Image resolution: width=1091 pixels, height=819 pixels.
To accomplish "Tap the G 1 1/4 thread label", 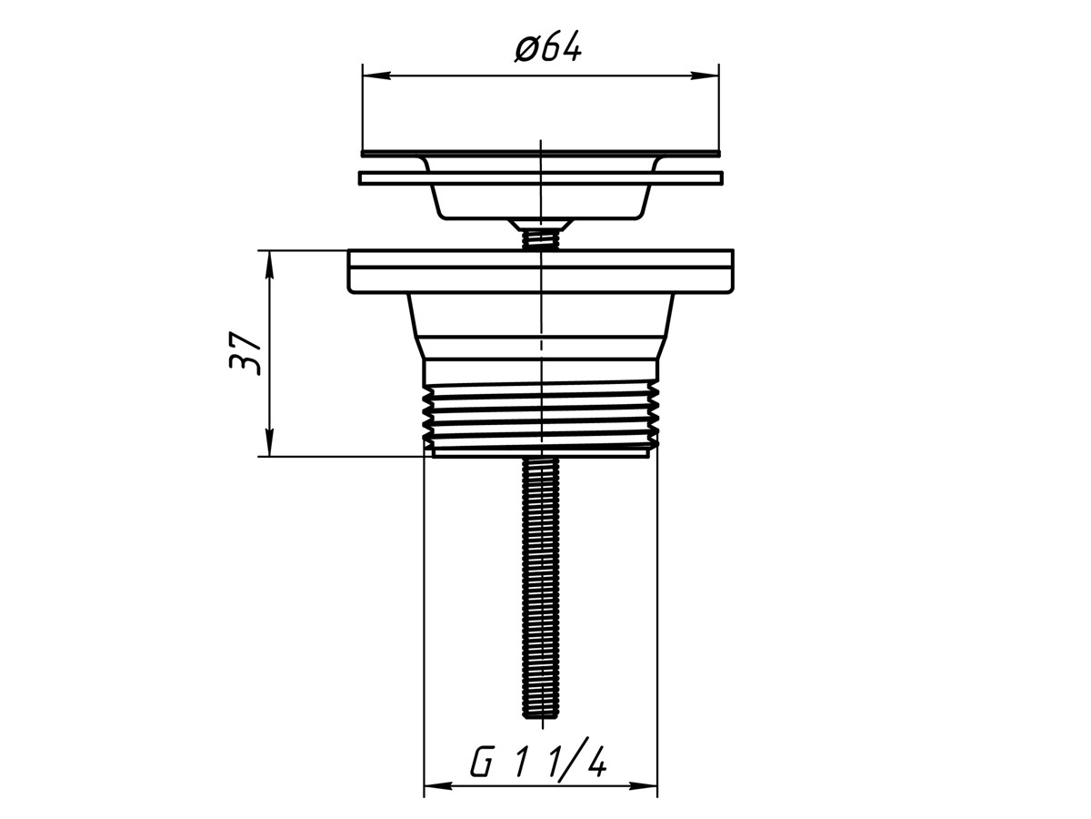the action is pyautogui.click(x=538, y=766).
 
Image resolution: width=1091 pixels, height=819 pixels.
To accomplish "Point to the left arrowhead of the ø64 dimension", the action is pyautogui.click(x=375, y=76).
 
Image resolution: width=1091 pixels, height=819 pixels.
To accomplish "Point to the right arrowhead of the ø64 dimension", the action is pyautogui.click(x=706, y=76).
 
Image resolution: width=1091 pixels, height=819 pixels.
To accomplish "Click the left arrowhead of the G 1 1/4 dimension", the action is pyautogui.click(x=436, y=800).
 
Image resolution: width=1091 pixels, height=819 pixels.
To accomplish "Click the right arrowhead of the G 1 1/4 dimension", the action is pyautogui.click(x=645, y=800).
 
